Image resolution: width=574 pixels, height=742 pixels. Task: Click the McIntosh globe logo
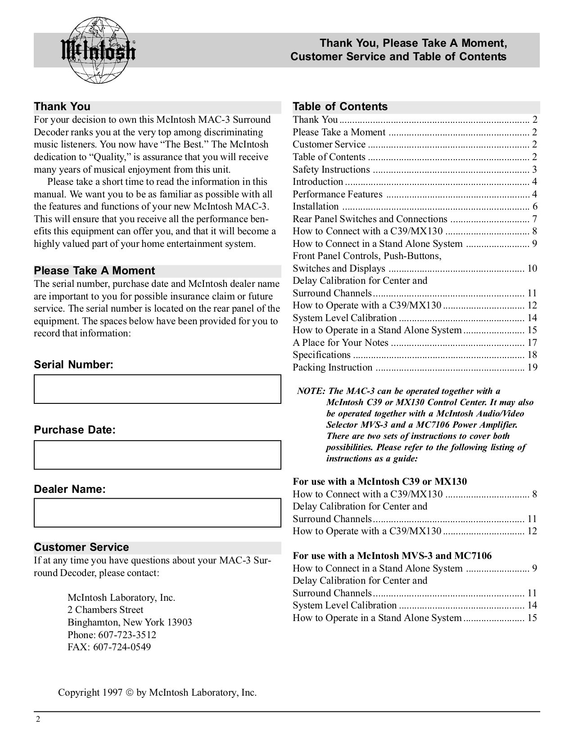click(x=98, y=50)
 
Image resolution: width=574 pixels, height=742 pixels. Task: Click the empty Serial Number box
click(x=157, y=389)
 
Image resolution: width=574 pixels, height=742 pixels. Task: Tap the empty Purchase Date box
click(x=157, y=455)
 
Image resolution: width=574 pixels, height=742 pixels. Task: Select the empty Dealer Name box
click(x=157, y=513)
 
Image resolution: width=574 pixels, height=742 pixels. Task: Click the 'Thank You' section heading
click(x=62, y=107)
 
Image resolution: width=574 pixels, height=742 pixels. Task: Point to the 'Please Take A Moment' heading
click(x=94, y=271)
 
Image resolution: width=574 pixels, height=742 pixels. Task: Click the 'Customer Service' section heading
click(x=81, y=547)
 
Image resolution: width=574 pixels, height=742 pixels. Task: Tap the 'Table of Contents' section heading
click(x=340, y=107)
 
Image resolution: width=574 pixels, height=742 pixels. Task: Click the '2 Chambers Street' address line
click(x=105, y=610)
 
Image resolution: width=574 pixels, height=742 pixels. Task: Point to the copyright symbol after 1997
click(x=129, y=693)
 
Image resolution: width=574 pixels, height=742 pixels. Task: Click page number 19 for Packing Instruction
click(x=532, y=367)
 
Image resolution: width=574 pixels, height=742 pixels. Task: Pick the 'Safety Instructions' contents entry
click(x=331, y=170)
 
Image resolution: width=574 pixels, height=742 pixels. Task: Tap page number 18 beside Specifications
click(x=532, y=355)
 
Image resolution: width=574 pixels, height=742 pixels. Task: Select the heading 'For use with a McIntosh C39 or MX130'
click(x=380, y=482)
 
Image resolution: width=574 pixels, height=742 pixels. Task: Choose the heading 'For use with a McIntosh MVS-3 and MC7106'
click(x=392, y=556)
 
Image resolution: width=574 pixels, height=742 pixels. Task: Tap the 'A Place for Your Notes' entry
click(x=340, y=343)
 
